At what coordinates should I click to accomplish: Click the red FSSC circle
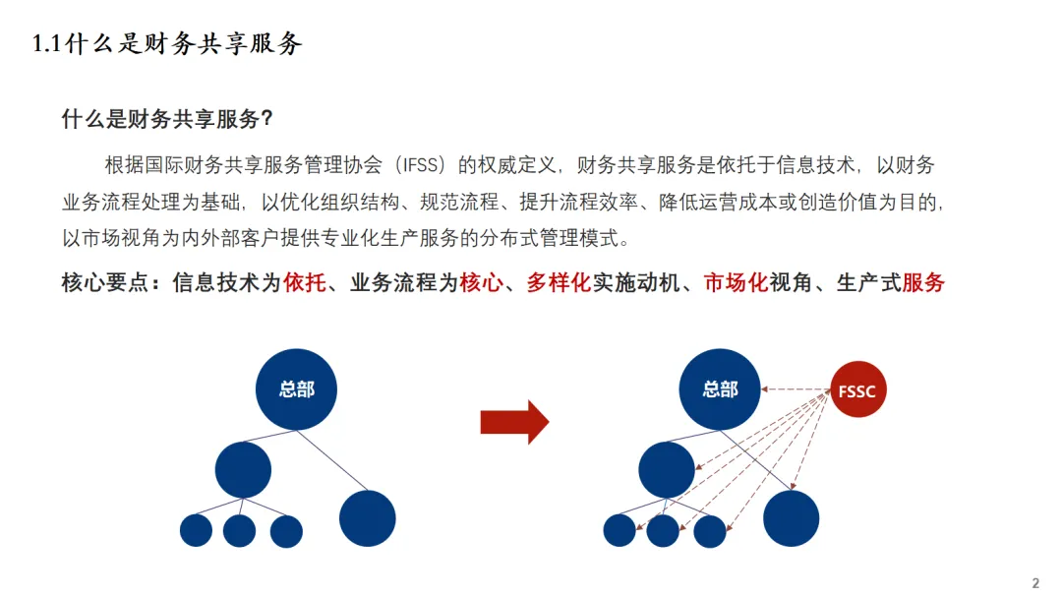[x=857, y=391]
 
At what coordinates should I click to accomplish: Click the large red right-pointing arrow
[x=513, y=422]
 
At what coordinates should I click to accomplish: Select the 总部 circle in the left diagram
[x=296, y=389]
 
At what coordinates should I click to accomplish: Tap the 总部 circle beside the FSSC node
[x=720, y=389]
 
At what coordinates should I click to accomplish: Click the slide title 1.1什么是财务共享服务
[x=167, y=44]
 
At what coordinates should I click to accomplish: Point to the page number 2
[x=1034, y=582]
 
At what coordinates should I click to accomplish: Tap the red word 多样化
[x=558, y=283]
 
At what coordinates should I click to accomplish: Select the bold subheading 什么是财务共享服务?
[x=167, y=120]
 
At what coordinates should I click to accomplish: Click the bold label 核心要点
[x=104, y=283]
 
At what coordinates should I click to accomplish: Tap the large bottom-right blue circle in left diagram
[x=368, y=518]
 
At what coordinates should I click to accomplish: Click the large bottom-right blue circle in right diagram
[x=791, y=518]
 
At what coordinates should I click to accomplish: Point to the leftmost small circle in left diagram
[x=196, y=531]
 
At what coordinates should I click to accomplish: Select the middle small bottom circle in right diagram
[x=663, y=531]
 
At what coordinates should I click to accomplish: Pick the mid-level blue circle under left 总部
[x=243, y=469]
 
